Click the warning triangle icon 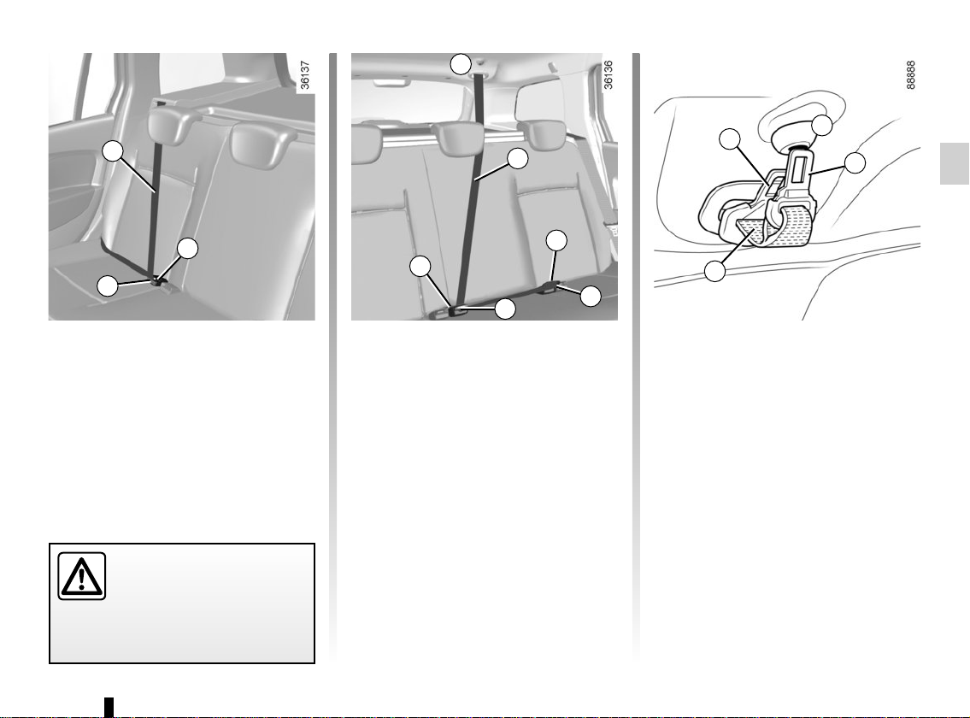pos(82,576)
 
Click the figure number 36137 pos(305,75)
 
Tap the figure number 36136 pos(608,75)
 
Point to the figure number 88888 pos(911,75)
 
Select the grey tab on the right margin pos(955,163)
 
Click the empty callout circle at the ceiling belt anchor pos(461,64)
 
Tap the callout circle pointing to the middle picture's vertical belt pos(517,158)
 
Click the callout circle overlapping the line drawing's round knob pos(822,125)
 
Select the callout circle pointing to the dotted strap pos(715,271)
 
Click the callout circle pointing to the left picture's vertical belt pos(113,151)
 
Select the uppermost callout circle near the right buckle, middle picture pos(556,241)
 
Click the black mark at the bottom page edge pos(109,707)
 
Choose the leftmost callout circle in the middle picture pos(420,266)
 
